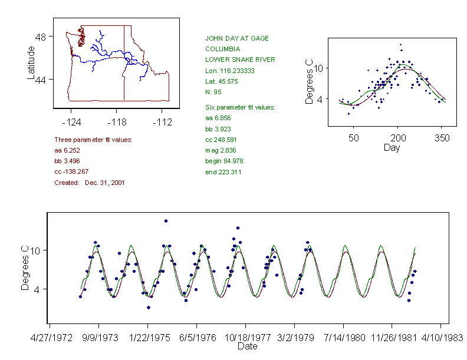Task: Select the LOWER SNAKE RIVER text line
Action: (x=240, y=60)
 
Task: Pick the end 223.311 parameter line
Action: (x=223, y=172)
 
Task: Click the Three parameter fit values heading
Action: (x=93, y=140)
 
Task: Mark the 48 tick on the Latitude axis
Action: (x=41, y=37)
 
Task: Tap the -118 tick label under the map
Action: (x=116, y=123)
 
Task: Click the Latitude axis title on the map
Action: (x=31, y=63)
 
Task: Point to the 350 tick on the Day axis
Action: (x=442, y=138)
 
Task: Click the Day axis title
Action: (x=392, y=148)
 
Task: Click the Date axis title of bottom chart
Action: (x=247, y=346)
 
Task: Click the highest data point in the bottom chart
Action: (x=166, y=221)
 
